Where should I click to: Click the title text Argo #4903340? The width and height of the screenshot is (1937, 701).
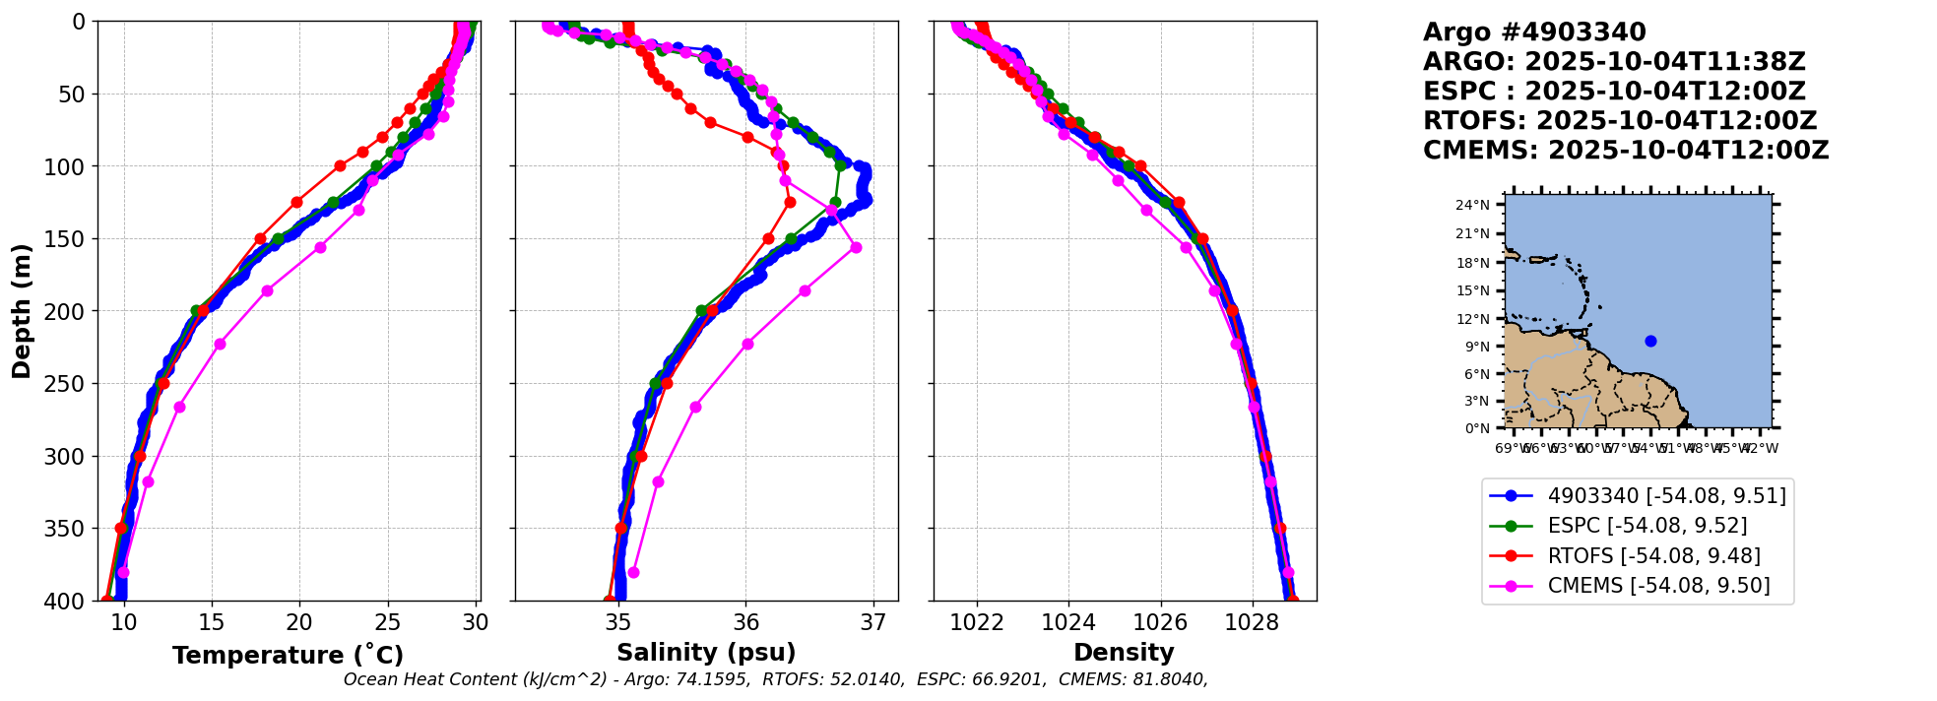1534,32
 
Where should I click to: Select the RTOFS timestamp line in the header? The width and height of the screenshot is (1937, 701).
1620,121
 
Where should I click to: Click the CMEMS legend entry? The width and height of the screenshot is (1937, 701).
1658,586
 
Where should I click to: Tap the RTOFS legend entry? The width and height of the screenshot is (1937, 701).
1653,556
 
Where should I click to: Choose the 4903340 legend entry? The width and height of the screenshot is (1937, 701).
1666,495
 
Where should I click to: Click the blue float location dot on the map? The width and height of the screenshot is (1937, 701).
1650,342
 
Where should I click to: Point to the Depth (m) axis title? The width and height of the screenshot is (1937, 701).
22,310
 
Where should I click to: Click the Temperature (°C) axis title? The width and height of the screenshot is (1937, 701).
288,655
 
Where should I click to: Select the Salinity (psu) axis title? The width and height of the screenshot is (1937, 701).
706,653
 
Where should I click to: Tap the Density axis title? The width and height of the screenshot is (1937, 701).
1124,653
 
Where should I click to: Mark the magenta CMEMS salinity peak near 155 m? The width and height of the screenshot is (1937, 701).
856,247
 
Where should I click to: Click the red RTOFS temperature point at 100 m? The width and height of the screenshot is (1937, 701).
340,165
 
